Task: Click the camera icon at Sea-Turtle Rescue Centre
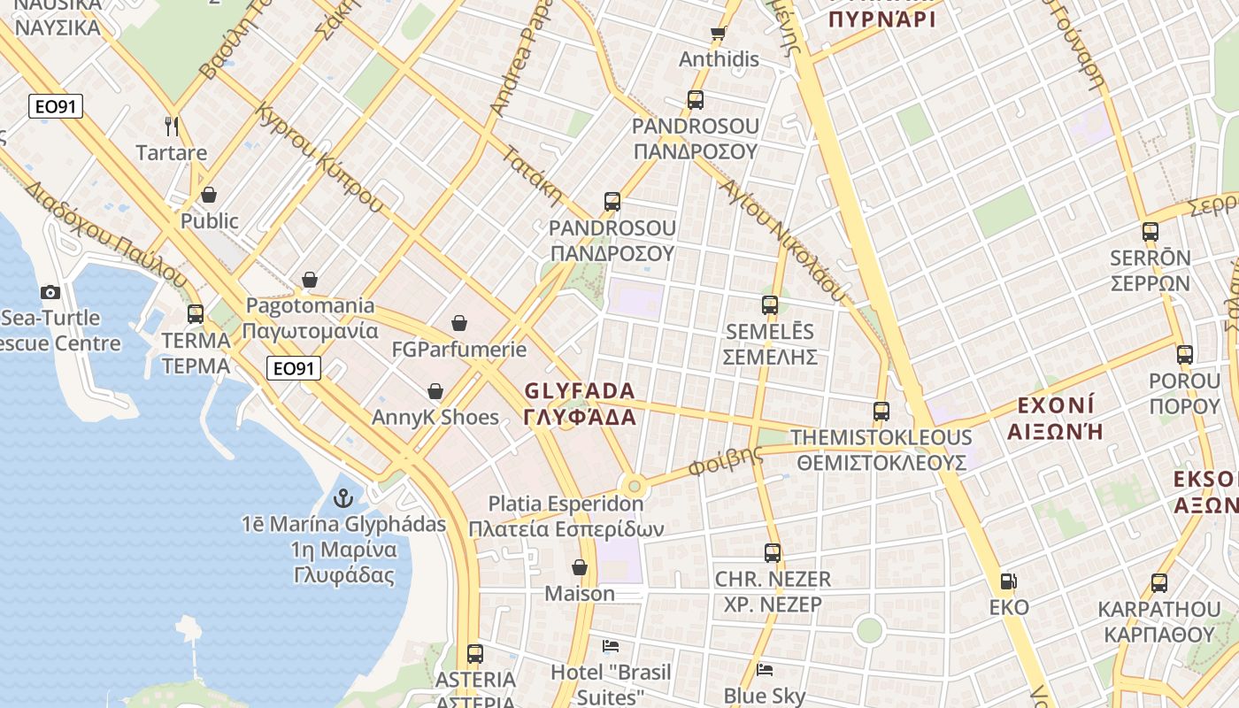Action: (x=50, y=292)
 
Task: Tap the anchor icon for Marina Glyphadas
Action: (x=343, y=499)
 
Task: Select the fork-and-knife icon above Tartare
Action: (x=172, y=127)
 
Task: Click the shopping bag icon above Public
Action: (x=209, y=195)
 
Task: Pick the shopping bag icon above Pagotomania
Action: (x=310, y=280)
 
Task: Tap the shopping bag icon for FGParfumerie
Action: (x=458, y=323)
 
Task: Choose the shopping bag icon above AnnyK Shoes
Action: (x=435, y=391)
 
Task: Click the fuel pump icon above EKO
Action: (x=1008, y=581)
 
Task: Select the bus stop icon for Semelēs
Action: (x=769, y=305)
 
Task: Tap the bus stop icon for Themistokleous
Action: (x=881, y=411)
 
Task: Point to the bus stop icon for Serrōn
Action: (x=1150, y=232)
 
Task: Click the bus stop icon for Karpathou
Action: (x=1158, y=583)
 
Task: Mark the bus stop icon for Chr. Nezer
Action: (x=773, y=553)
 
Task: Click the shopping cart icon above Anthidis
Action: (x=719, y=34)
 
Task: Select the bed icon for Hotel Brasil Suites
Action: (x=611, y=645)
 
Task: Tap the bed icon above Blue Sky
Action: (x=765, y=669)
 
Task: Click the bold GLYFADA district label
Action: (x=580, y=391)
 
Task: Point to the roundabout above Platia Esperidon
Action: (x=634, y=485)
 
